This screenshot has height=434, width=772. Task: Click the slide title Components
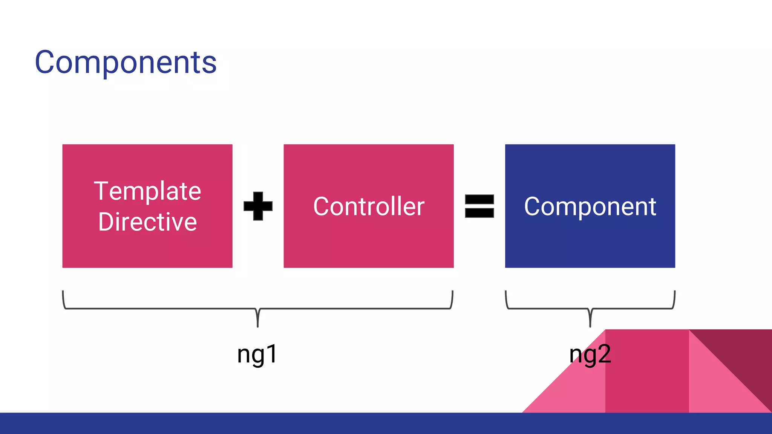[126, 63]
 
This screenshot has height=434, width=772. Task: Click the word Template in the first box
[147, 191]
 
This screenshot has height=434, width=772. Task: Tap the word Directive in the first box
[147, 222]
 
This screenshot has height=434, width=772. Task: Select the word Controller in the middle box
[369, 206]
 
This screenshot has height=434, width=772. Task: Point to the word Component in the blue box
[590, 206]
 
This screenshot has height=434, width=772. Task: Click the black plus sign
[258, 206]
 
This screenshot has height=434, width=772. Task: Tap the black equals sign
[479, 206]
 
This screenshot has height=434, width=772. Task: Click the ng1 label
[257, 354]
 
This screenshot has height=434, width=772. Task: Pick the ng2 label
[590, 354]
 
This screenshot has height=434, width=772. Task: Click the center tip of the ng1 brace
[257, 324]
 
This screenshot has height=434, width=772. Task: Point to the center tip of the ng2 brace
[590, 324]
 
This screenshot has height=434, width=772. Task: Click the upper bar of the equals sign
[479, 199]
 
